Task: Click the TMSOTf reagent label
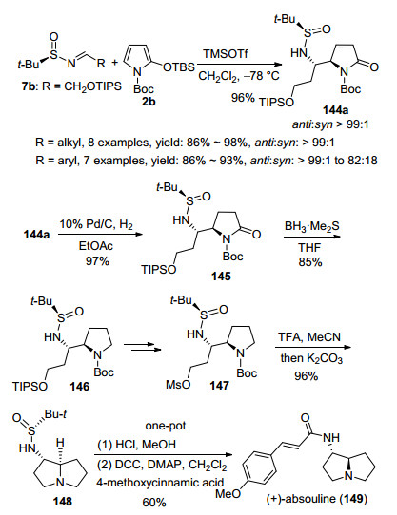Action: (x=226, y=53)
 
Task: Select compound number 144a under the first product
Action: (x=335, y=109)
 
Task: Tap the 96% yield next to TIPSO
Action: (x=243, y=98)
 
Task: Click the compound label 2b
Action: (x=149, y=102)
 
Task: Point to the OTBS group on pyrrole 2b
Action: (x=179, y=67)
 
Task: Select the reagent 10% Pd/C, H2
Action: (x=96, y=225)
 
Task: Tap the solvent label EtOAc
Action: (x=96, y=246)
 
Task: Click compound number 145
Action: (x=221, y=277)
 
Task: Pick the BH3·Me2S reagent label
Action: (x=311, y=227)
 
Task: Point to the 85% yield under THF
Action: (x=310, y=261)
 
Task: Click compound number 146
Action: (x=79, y=386)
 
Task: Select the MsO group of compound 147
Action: (x=178, y=384)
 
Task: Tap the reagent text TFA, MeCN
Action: (x=309, y=337)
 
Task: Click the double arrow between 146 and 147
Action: (x=143, y=347)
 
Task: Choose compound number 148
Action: (x=62, y=501)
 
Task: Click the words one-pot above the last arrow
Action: (x=166, y=426)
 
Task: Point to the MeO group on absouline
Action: (x=228, y=494)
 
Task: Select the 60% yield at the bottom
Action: (x=154, y=503)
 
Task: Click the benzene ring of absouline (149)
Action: (x=260, y=467)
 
